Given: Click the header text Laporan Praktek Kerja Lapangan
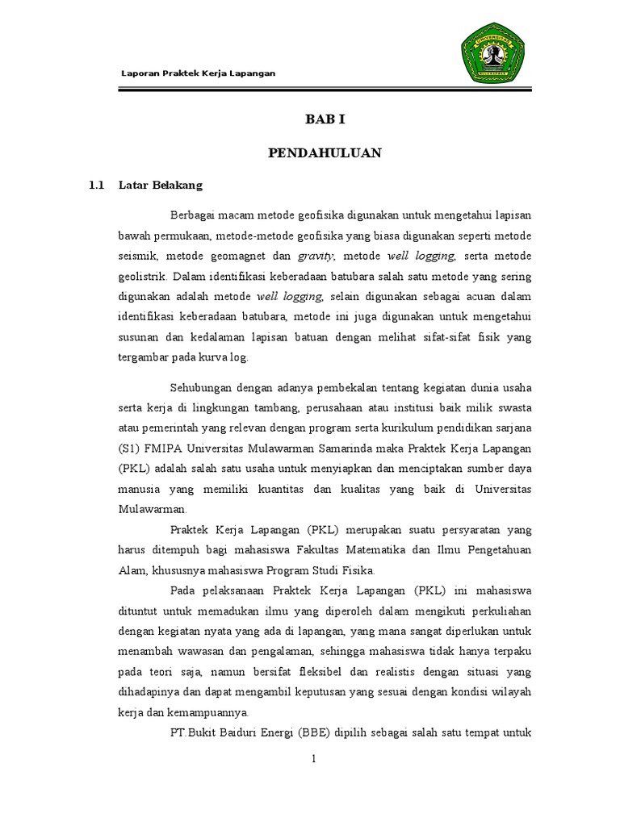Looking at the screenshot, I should (198, 73).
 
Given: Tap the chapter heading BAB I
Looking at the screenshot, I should (325, 119).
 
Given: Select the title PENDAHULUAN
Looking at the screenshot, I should (325, 152).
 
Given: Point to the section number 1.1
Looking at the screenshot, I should (97, 185).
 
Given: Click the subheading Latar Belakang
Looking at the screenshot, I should (160, 185).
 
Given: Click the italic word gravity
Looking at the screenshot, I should (316, 256).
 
